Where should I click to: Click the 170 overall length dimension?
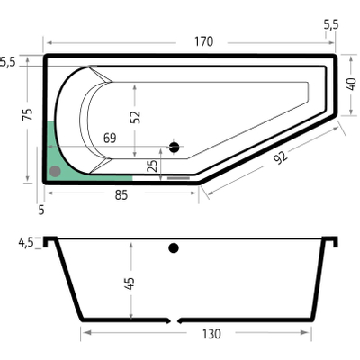coord(203,40)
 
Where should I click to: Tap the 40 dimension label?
coord(352,83)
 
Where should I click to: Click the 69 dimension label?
coord(110,138)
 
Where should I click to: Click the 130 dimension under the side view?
coord(211,334)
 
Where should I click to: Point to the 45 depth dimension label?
coord(130,282)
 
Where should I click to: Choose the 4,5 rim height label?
coord(25,242)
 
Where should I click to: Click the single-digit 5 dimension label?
coord(41,210)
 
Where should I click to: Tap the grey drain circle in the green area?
coord(57,169)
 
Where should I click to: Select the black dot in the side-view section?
coord(175,247)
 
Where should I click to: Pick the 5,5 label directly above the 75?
coord(8,62)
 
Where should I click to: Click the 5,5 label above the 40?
coord(331,25)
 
